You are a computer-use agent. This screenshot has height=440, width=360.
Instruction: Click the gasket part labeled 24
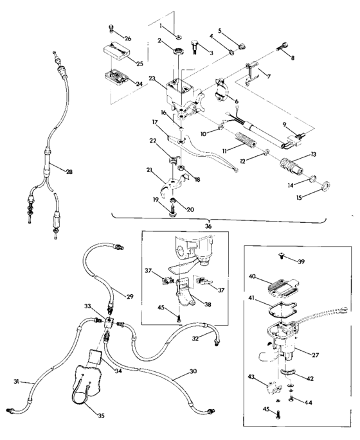[x=116, y=77]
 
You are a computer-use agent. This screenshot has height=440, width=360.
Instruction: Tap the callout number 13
[x=314, y=155]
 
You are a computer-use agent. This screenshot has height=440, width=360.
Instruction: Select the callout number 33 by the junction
[x=87, y=308]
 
